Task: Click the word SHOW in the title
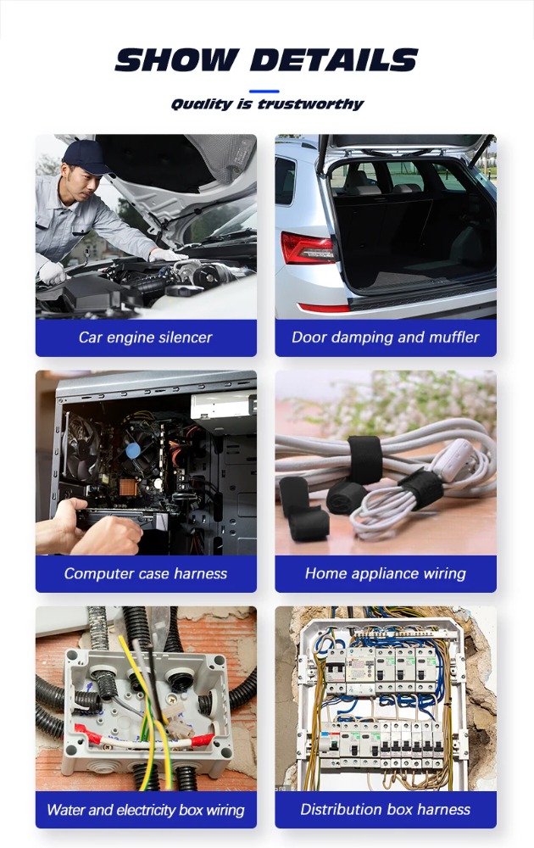(177, 60)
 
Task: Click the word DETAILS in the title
(335, 60)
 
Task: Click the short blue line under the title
(264, 92)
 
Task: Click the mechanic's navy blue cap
(86, 157)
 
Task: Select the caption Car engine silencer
(146, 338)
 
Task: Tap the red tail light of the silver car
(308, 248)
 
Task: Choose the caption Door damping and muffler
(386, 338)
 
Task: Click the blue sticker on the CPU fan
(133, 449)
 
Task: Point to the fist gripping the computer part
(107, 535)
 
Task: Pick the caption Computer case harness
(146, 573)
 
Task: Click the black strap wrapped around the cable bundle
(364, 459)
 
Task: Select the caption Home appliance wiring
(386, 573)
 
